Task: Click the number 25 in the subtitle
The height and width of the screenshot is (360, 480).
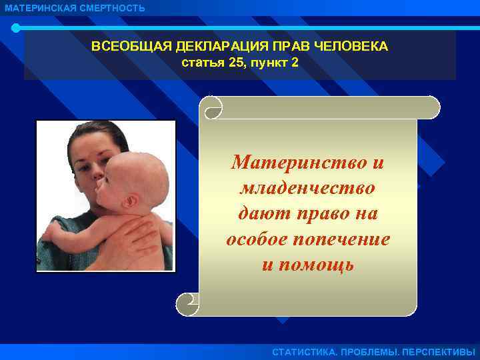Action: coord(235,63)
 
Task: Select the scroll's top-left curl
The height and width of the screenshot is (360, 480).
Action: coord(214,107)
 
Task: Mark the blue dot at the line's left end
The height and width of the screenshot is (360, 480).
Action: coord(15,28)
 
